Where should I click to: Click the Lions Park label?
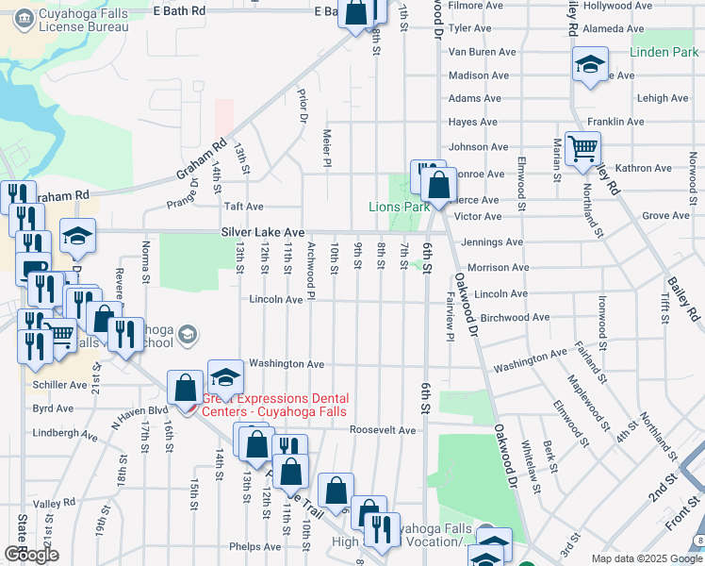click(399, 207)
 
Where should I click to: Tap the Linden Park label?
click(664, 52)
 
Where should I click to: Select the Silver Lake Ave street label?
click(263, 231)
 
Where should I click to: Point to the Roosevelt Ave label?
click(383, 430)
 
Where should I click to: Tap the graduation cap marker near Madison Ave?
click(590, 66)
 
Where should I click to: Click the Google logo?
click(31, 555)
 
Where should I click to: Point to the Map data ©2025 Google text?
click(646, 558)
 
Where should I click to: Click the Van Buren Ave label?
click(483, 52)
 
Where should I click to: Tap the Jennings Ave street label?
click(488, 242)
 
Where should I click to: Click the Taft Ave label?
click(243, 206)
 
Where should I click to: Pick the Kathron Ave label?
click(643, 168)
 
